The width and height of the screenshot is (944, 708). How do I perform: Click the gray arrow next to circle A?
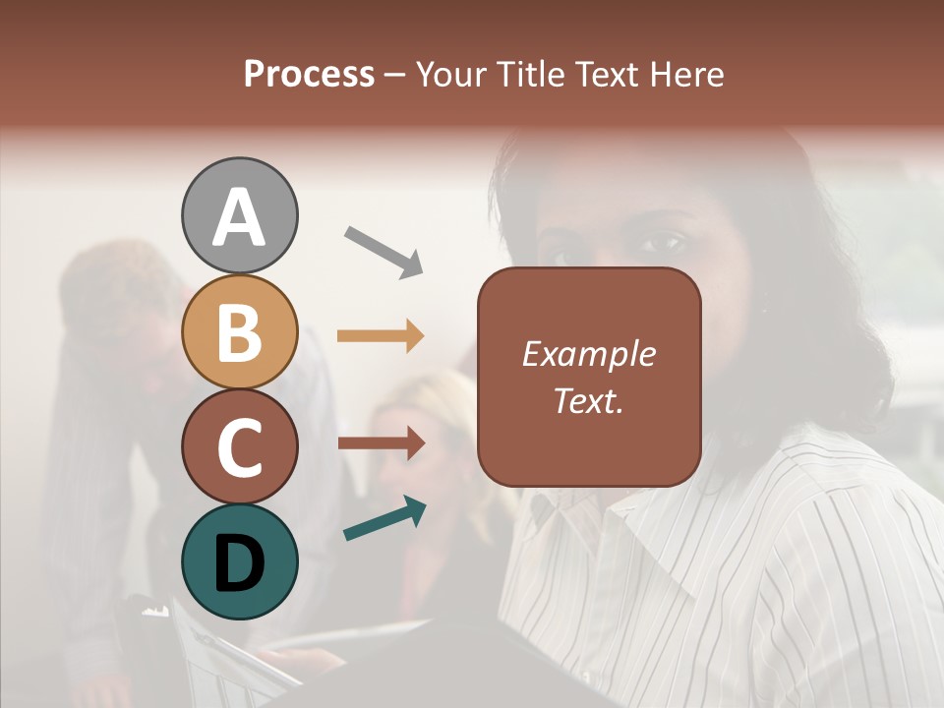coord(383,252)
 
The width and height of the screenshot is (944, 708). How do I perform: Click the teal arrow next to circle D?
coord(384,519)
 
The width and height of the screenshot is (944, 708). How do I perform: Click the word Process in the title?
coord(309,74)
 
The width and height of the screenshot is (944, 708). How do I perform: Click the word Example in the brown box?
coord(588,354)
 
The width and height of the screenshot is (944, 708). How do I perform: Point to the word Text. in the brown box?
coord(588,400)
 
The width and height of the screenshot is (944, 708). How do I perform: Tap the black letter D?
coord(239,562)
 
